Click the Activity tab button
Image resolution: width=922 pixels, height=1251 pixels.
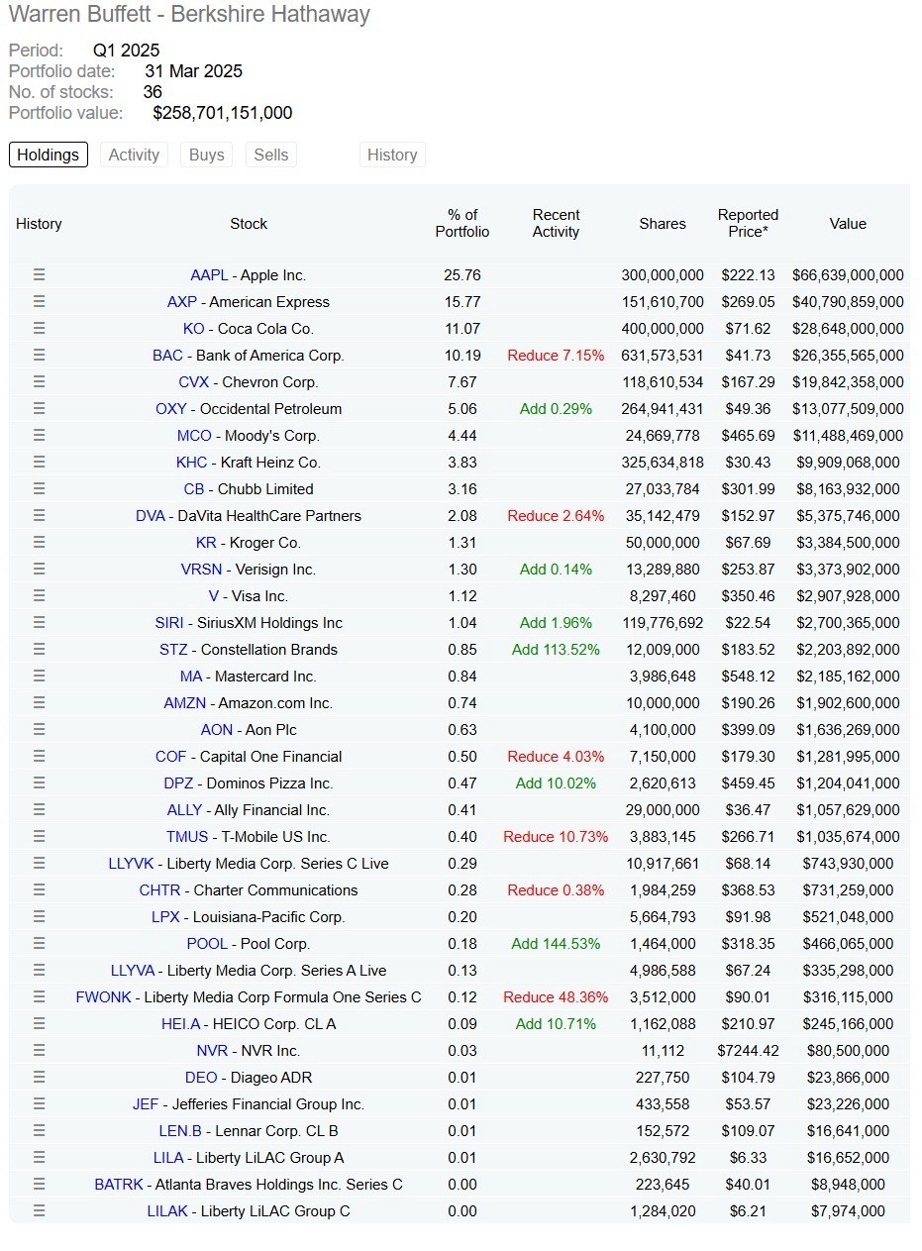point(134,155)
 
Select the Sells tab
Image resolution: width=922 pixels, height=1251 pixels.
point(270,155)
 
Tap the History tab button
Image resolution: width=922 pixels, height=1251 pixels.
point(392,155)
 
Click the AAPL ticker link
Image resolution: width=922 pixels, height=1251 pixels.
point(209,275)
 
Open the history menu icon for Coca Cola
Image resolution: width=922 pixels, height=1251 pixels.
point(39,329)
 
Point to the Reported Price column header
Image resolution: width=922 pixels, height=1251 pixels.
point(748,224)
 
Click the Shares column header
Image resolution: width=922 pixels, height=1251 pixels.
point(663,224)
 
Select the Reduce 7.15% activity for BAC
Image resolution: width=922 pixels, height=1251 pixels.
point(556,356)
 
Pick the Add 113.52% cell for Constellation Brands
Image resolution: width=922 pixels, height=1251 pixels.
point(556,650)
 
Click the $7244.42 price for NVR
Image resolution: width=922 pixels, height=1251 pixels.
point(748,1051)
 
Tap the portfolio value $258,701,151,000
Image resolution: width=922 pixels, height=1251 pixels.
point(222,113)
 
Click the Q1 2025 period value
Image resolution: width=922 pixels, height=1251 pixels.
point(126,51)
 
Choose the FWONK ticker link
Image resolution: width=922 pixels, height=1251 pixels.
point(103,996)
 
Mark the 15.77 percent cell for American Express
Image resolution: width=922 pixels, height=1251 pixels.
point(461,302)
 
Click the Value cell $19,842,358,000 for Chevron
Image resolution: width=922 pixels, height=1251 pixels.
point(848,382)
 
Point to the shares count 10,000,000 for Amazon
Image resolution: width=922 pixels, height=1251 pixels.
point(663,703)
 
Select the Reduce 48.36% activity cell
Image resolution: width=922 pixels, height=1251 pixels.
point(556,996)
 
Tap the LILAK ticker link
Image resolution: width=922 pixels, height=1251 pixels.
point(167,1211)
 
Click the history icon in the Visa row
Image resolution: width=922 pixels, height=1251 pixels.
point(39,596)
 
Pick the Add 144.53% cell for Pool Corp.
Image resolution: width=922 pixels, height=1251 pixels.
point(556,944)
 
